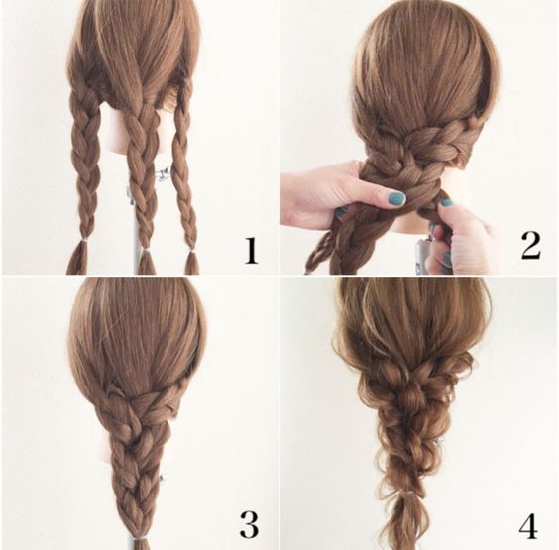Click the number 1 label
tap(251, 251)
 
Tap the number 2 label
tap(531, 246)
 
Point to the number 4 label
tap(528, 525)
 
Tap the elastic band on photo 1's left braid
tap(84, 242)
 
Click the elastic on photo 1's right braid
tap(192, 253)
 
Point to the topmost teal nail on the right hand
tap(447, 203)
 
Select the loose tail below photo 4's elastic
tap(410, 522)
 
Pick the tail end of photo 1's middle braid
tap(145, 265)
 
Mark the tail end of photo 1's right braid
tap(192, 265)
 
